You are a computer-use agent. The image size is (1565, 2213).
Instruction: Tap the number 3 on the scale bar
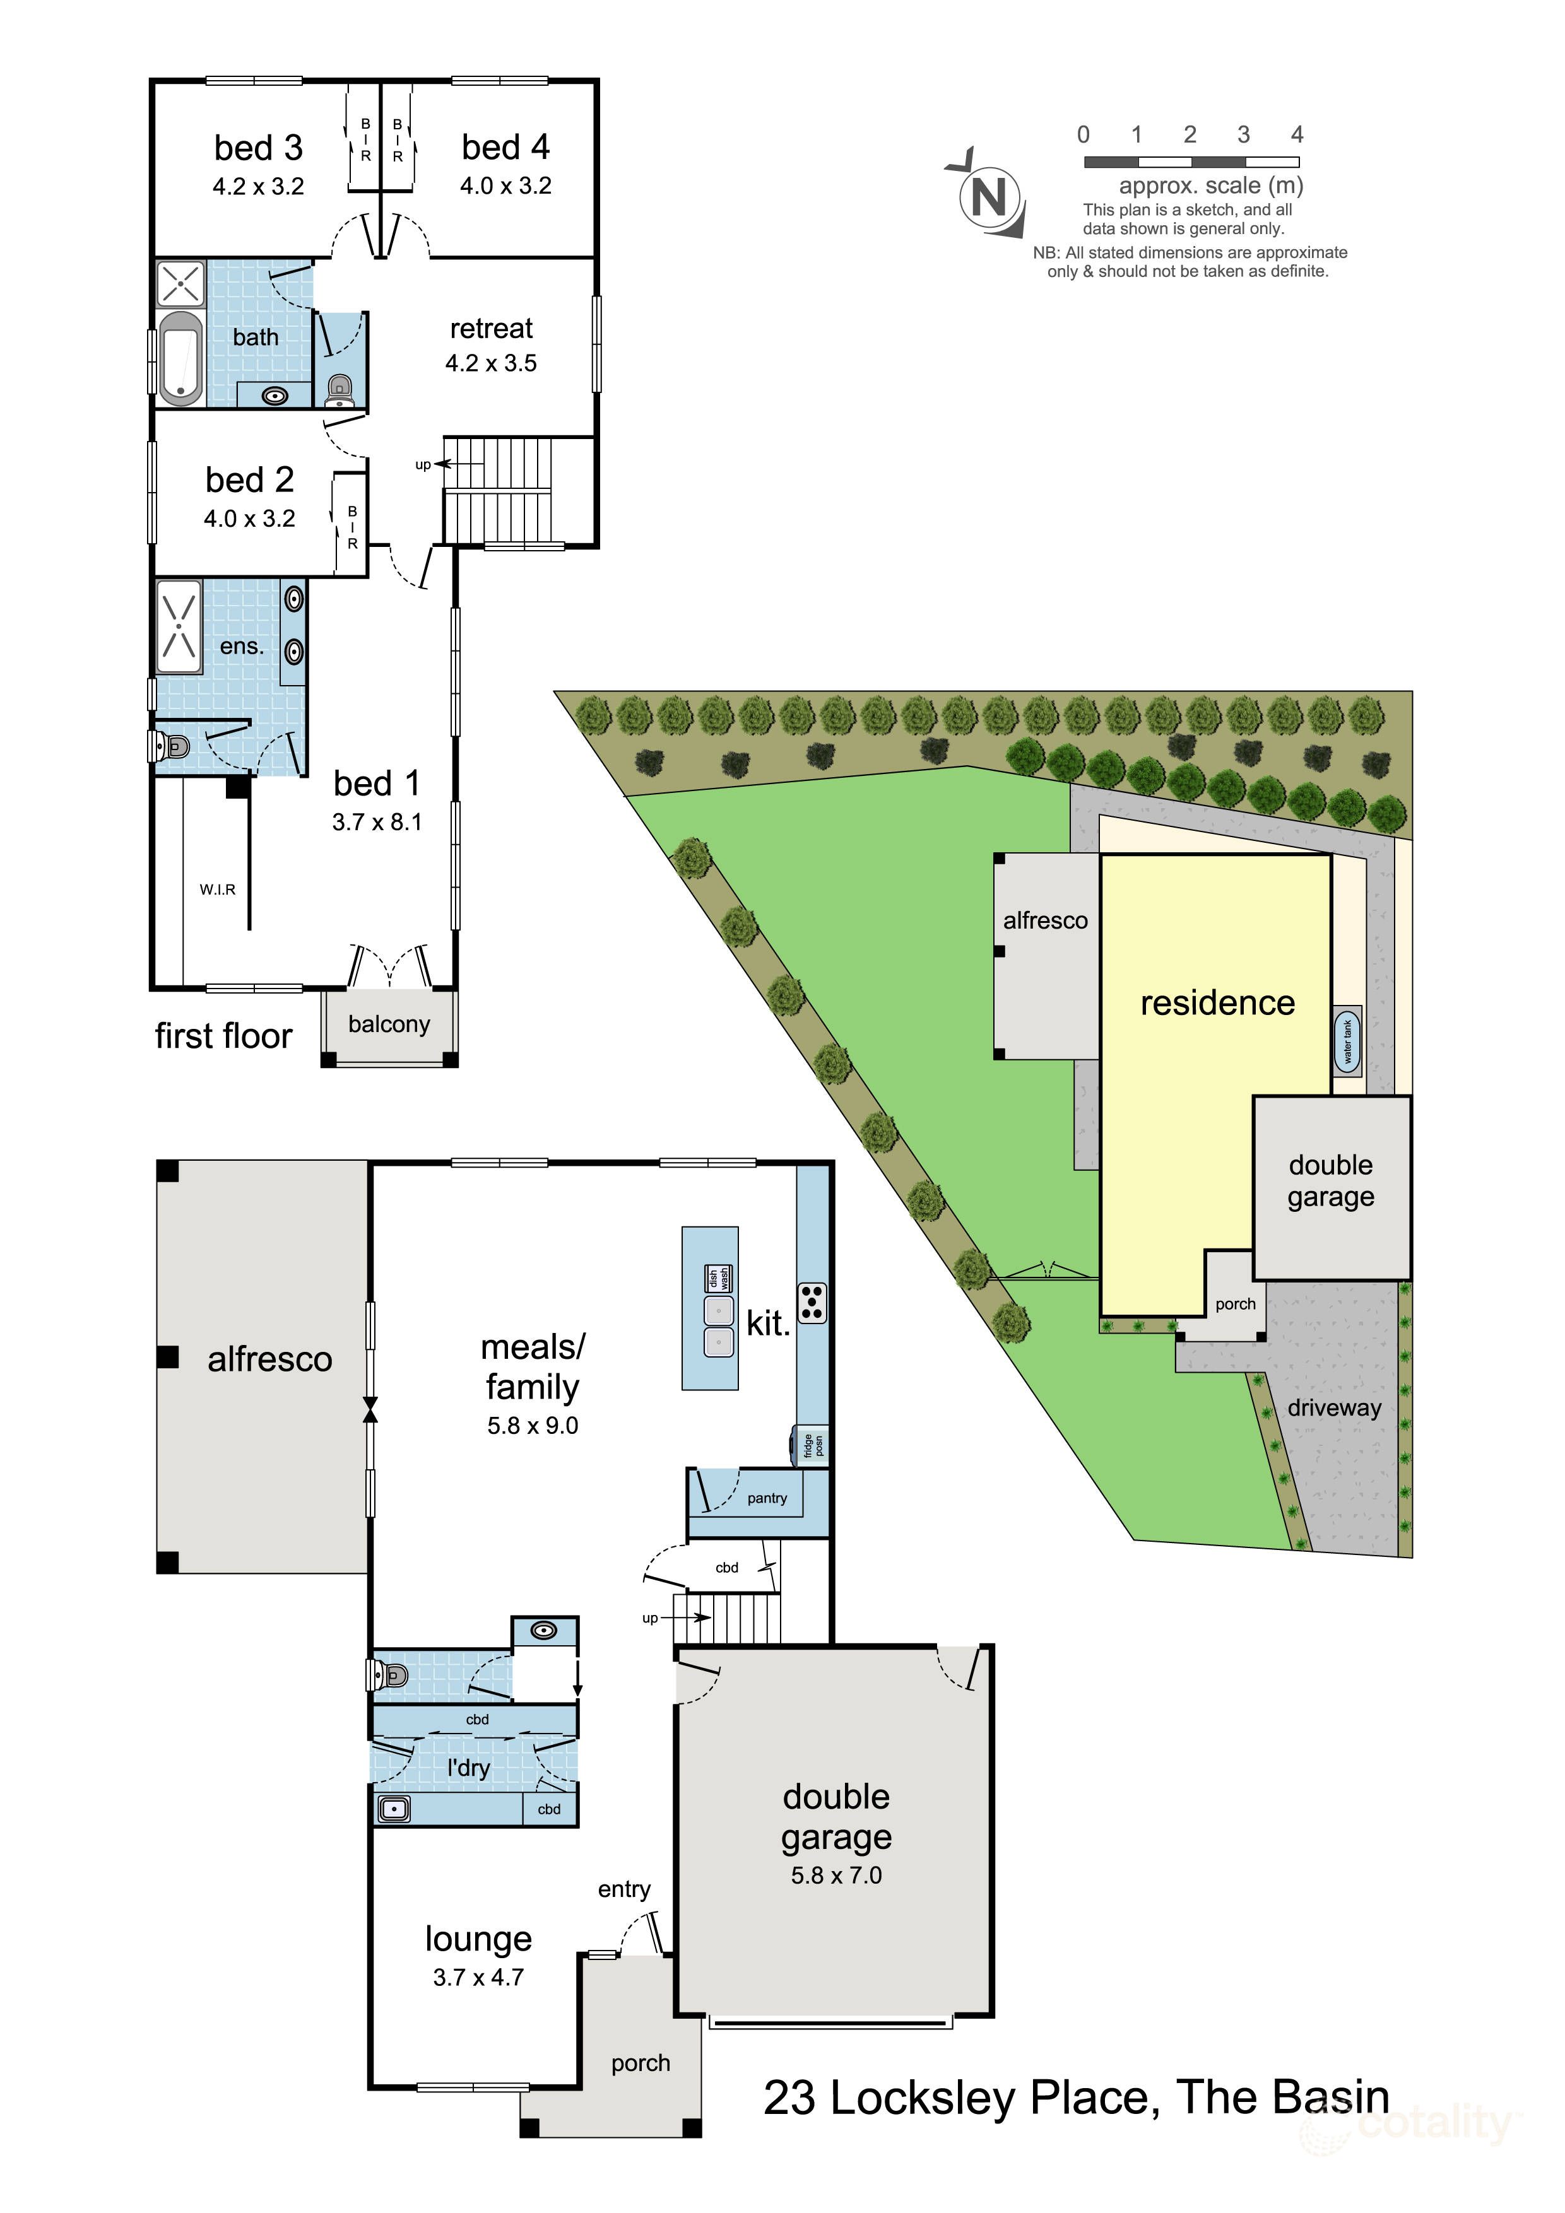pos(1243,135)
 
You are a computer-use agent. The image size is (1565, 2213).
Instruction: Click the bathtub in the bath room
pos(180,358)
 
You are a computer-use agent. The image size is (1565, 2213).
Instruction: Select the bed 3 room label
pos(259,148)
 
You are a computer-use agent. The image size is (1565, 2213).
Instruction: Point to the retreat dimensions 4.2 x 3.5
pos(491,363)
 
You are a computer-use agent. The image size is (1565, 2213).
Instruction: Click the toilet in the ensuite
pos(170,745)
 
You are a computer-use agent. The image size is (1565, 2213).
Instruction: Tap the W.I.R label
pos(217,889)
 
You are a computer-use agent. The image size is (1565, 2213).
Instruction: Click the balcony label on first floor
pos(389,1024)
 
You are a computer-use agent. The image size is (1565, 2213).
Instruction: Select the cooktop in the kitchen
pos(812,1302)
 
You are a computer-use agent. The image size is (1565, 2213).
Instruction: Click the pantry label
pos(767,1498)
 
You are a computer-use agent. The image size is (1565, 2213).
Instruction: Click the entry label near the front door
pos(624,1889)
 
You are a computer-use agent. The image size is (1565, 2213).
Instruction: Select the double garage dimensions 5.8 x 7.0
pos(836,1875)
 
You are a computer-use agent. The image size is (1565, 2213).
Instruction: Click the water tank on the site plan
pos(1347,1041)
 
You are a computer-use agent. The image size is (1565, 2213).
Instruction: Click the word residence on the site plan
pos(1217,1002)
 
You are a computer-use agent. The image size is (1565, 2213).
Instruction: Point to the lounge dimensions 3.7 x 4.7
pos(478,1977)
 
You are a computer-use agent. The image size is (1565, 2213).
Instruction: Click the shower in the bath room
pos(181,283)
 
